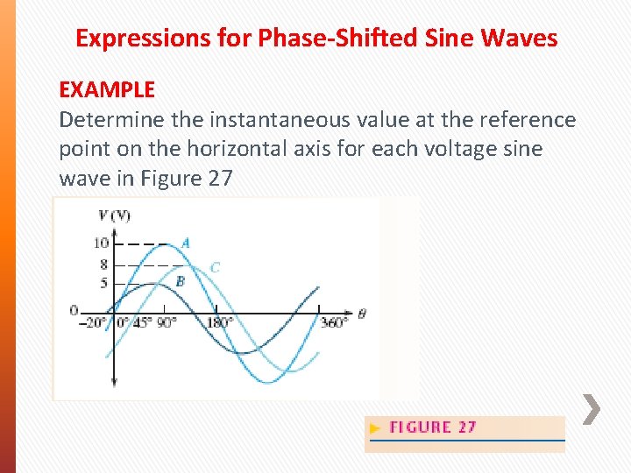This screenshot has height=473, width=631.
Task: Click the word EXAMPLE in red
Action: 107,89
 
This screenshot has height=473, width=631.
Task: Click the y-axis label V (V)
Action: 115,215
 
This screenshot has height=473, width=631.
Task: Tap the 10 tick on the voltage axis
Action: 102,243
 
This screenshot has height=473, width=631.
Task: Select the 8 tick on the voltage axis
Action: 103,264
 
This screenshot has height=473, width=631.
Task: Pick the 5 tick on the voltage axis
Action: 103,283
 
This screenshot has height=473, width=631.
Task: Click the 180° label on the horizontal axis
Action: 219,322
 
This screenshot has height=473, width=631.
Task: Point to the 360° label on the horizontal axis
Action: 333,322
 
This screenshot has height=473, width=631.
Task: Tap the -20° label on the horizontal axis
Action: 92,322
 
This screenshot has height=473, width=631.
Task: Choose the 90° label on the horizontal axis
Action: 167,322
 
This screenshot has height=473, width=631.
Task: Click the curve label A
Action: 185,243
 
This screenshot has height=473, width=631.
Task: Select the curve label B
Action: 180,281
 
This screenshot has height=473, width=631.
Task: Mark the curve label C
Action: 215,267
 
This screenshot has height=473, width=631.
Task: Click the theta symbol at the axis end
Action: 362,312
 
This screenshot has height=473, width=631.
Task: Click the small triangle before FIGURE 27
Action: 376,428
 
